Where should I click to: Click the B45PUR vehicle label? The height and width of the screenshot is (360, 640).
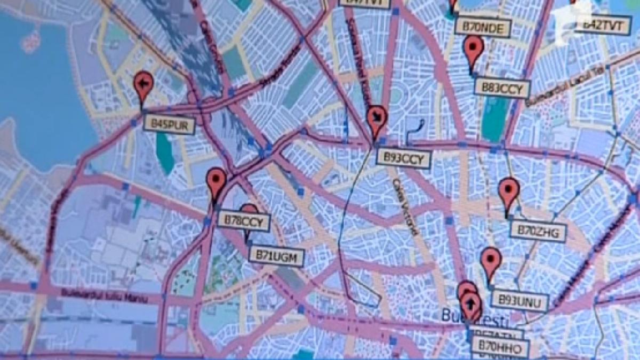(169, 125)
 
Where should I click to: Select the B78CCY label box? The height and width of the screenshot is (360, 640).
(244, 221)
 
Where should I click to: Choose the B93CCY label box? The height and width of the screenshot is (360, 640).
(403, 158)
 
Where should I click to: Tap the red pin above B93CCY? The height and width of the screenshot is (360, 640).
(377, 119)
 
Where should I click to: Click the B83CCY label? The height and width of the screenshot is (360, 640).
(502, 88)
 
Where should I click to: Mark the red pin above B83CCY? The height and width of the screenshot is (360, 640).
(473, 50)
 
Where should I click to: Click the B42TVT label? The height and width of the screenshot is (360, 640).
(603, 25)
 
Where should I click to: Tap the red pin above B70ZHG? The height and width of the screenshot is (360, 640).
(509, 193)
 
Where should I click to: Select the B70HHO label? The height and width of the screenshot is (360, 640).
(500, 348)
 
